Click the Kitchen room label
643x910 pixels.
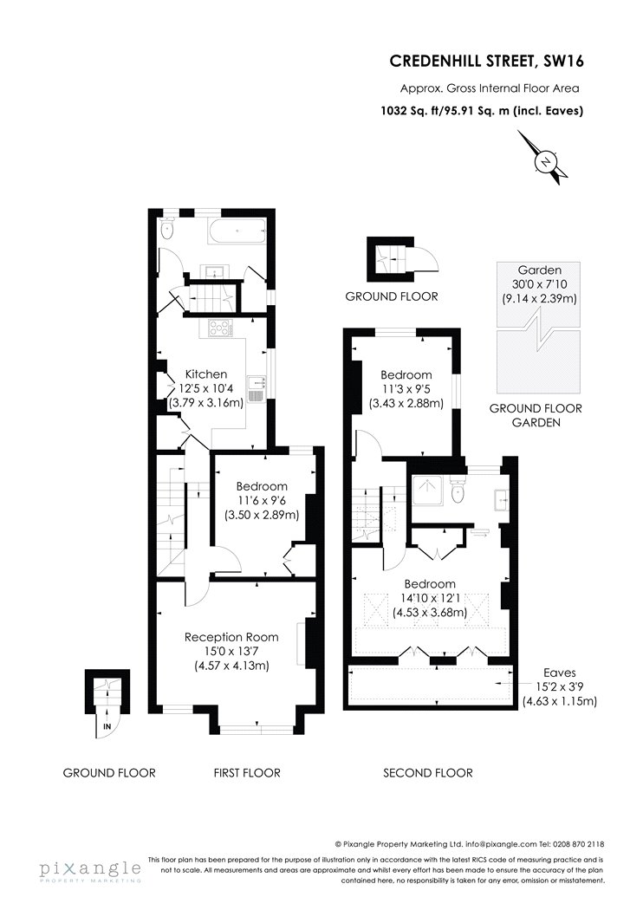tap(206, 374)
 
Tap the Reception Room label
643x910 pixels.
tap(231, 637)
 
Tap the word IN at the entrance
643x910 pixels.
tap(107, 725)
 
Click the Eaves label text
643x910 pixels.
tap(557, 672)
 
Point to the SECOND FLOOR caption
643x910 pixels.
tap(428, 772)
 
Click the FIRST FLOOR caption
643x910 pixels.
tap(247, 772)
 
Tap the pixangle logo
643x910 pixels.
tap(89, 868)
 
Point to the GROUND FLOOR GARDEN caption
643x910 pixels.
tap(536, 415)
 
